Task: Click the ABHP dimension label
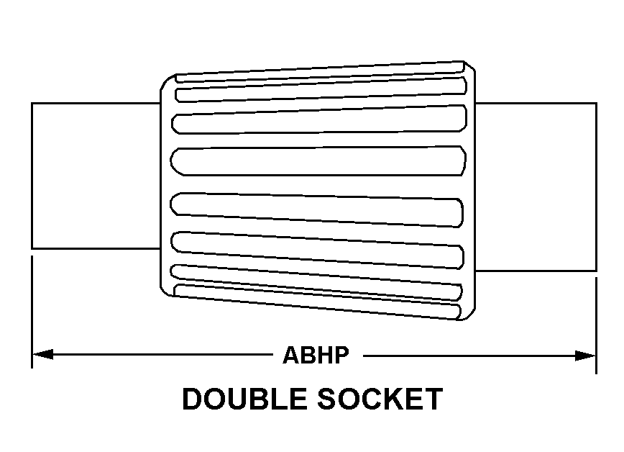pos(316,355)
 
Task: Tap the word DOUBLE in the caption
pos(244,399)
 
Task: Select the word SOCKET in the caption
pos(380,399)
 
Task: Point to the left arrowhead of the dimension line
pos(42,354)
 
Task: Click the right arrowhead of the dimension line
pos(585,356)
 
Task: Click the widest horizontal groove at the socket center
pos(318,161)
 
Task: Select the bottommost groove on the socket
pos(318,302)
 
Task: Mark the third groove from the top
pos(319,119)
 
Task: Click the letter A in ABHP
pos(290,355)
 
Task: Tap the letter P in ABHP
pos(342,355)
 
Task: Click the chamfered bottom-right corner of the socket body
pos(469,314)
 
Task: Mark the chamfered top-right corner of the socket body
pos(469,66)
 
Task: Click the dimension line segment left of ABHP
pos(153,354)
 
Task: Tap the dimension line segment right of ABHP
pos(480,356)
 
